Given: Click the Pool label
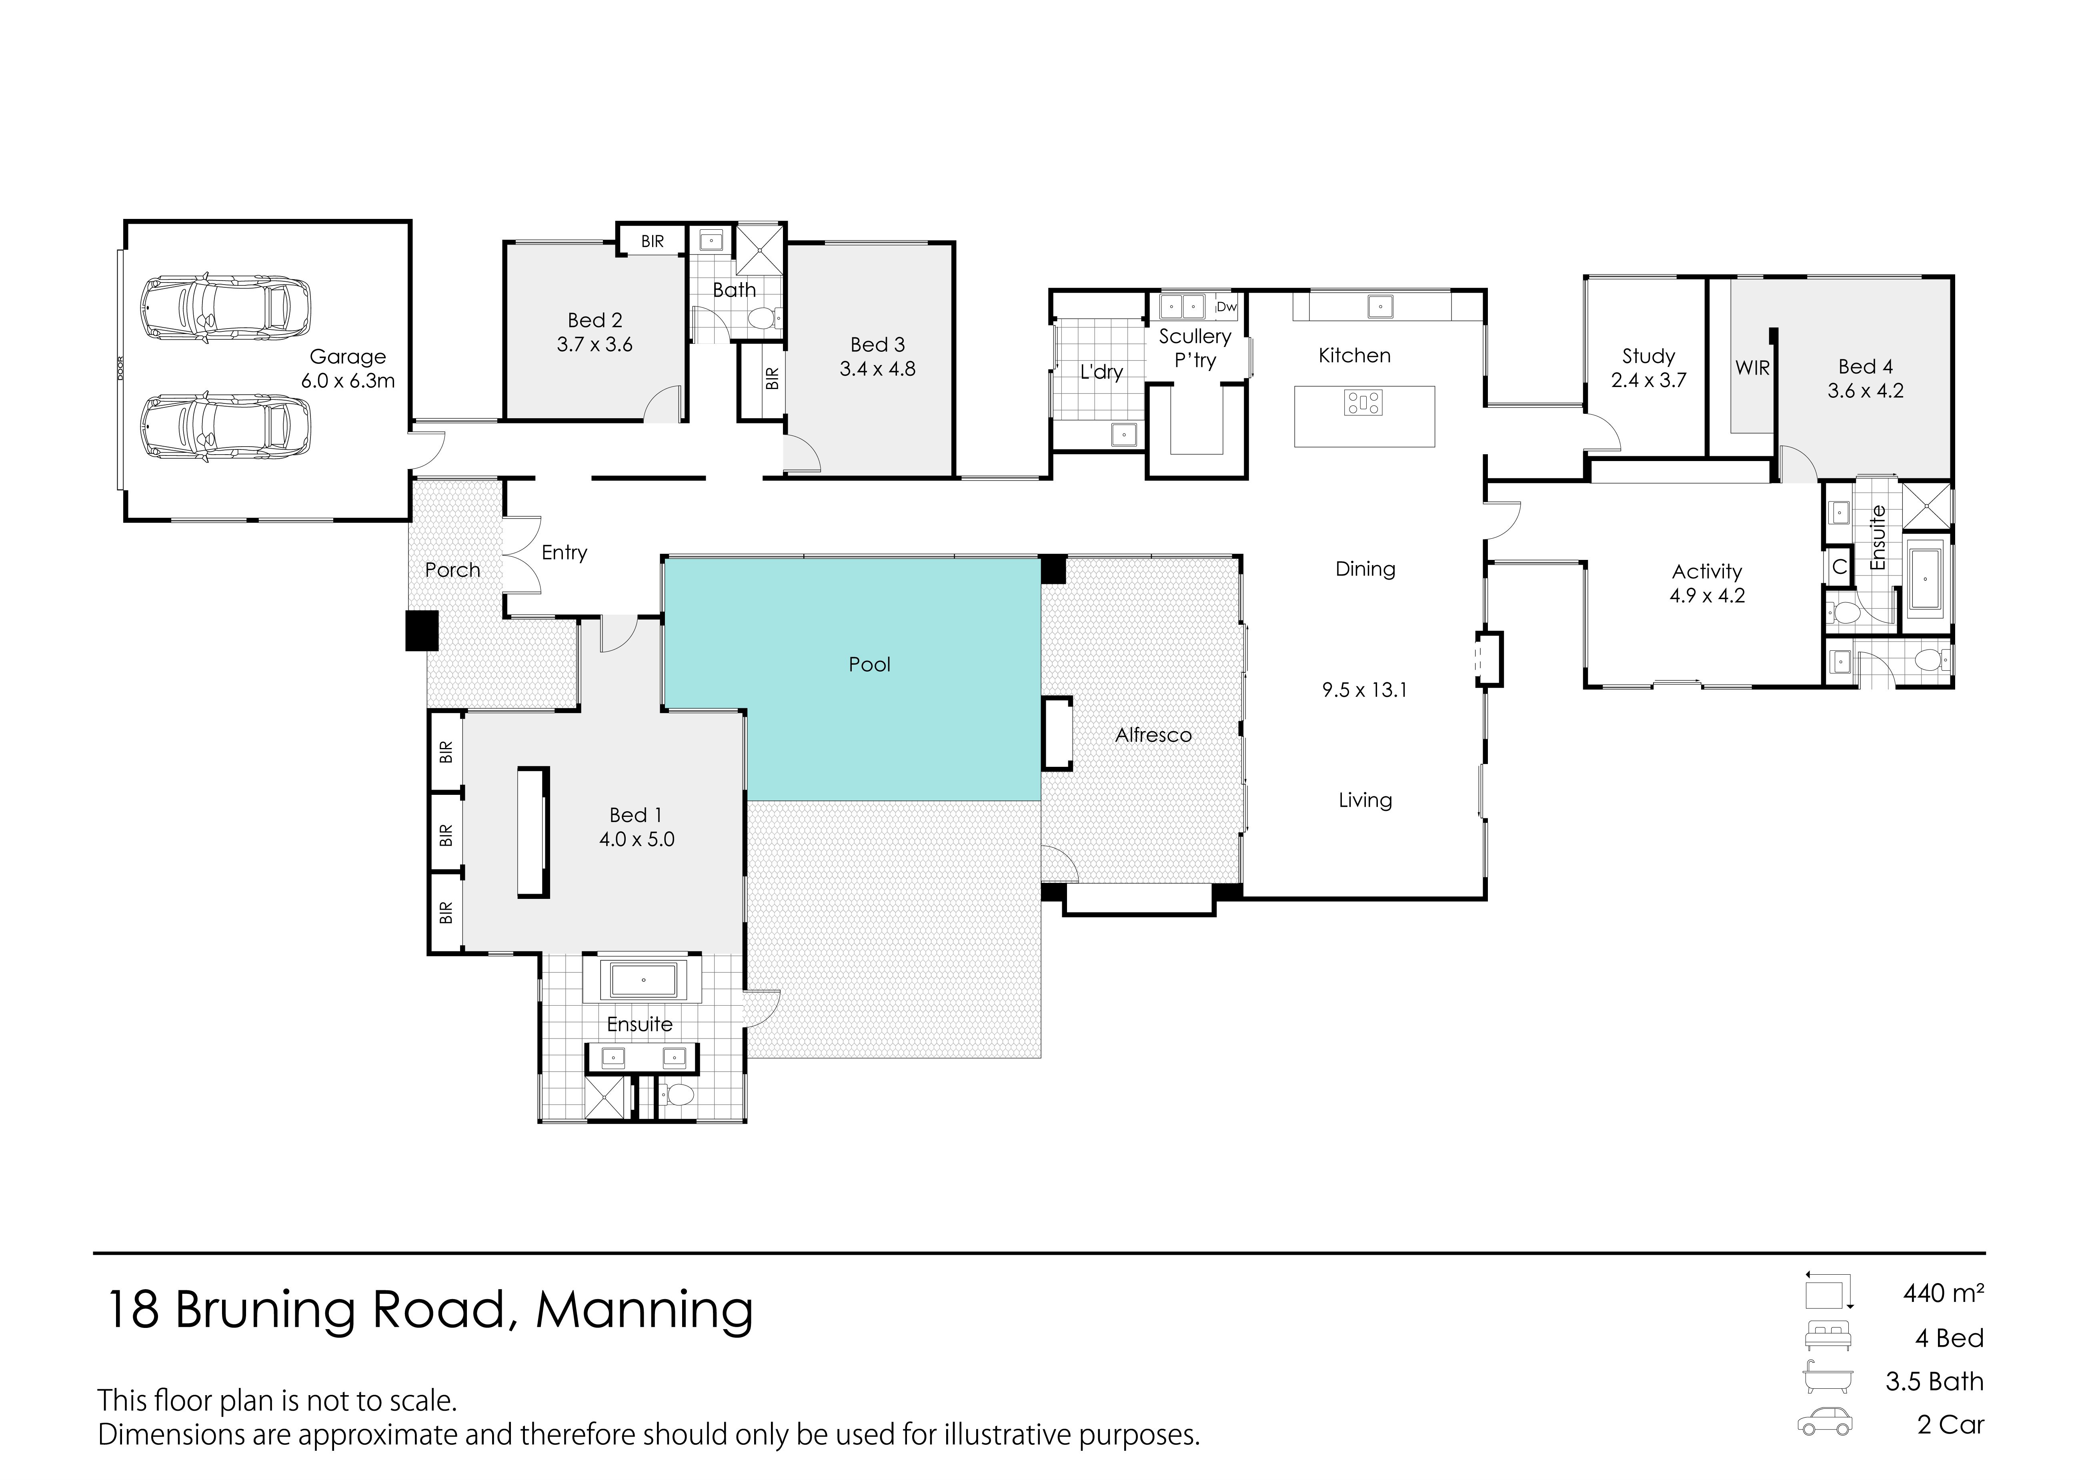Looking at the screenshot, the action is pyautogui.click(x=869, y=664).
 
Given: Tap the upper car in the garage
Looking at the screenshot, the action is pyautogui.click(x=225, y=308).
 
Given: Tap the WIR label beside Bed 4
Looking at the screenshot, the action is pyautogui.click(x=1752, y=368).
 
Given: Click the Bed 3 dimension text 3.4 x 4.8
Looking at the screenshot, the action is pyautogui.click(x=877, y=369).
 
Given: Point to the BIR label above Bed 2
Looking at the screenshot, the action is pyautogui.click(x=653, y=241).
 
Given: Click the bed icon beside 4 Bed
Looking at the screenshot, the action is pyautogui.click(x=1828, y=1337).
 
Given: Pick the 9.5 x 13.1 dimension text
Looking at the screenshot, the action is pyautogui.click(x=1364, y=690).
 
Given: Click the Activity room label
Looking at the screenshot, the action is pyautogui.click(x=1707, y=572).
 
